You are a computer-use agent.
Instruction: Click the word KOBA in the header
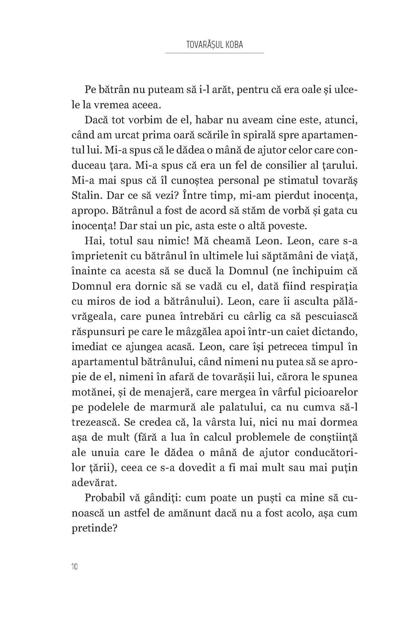pos(233,45)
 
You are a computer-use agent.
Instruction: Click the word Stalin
pos(86,196)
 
